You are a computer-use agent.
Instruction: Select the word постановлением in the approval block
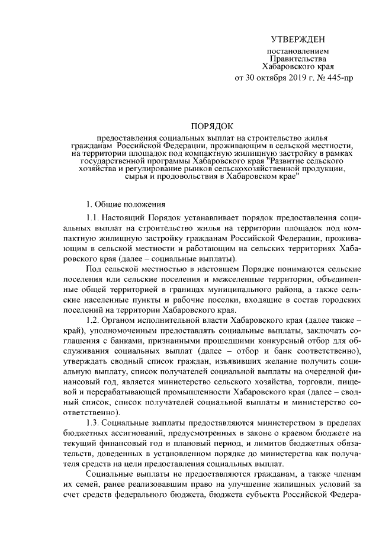[298, 52]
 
